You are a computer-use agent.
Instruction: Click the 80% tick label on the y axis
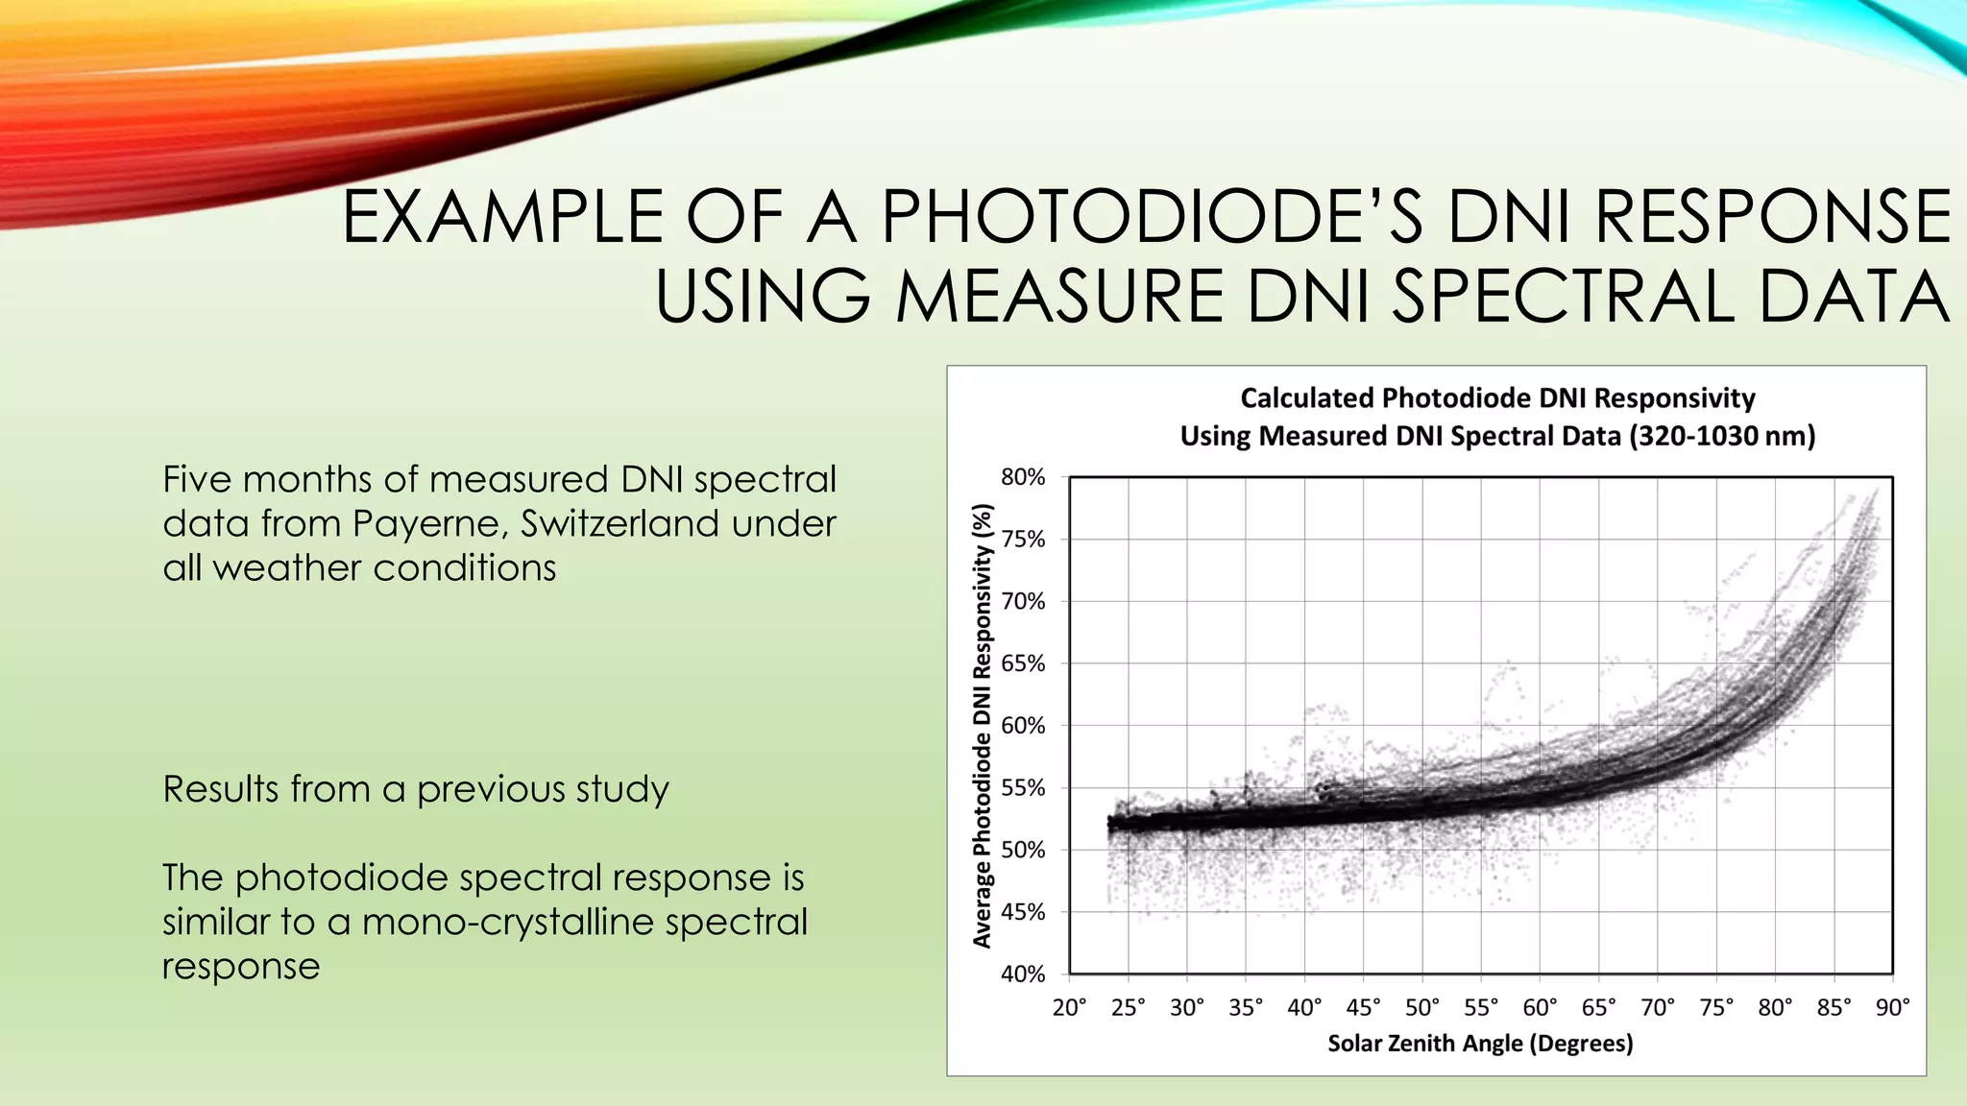[x=1022, y=477]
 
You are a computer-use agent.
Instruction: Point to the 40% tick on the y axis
[x=1022, y=974]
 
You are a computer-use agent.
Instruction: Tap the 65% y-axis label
[x=1022, y=663]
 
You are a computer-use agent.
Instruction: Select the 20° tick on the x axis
[x=1069, y=1007]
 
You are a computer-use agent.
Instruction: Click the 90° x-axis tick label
[x=1892, y=1007]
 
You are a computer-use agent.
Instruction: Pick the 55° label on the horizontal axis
[x=1481, y=1007]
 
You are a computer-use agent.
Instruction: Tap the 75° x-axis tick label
[x=1716, y=1007]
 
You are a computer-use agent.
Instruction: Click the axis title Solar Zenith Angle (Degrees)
[x=1480, y=1044]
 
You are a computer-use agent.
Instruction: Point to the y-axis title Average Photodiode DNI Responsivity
[x=982, y=726]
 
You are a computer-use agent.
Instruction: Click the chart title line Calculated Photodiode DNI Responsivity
[x=1497, y=397]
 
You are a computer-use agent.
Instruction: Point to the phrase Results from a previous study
[x=415, y=789]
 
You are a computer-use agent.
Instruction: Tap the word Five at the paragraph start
[x=199, y=479]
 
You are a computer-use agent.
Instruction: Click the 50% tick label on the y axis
[x=1022, y=850]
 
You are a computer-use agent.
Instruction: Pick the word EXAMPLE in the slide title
[x=501, y=217]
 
